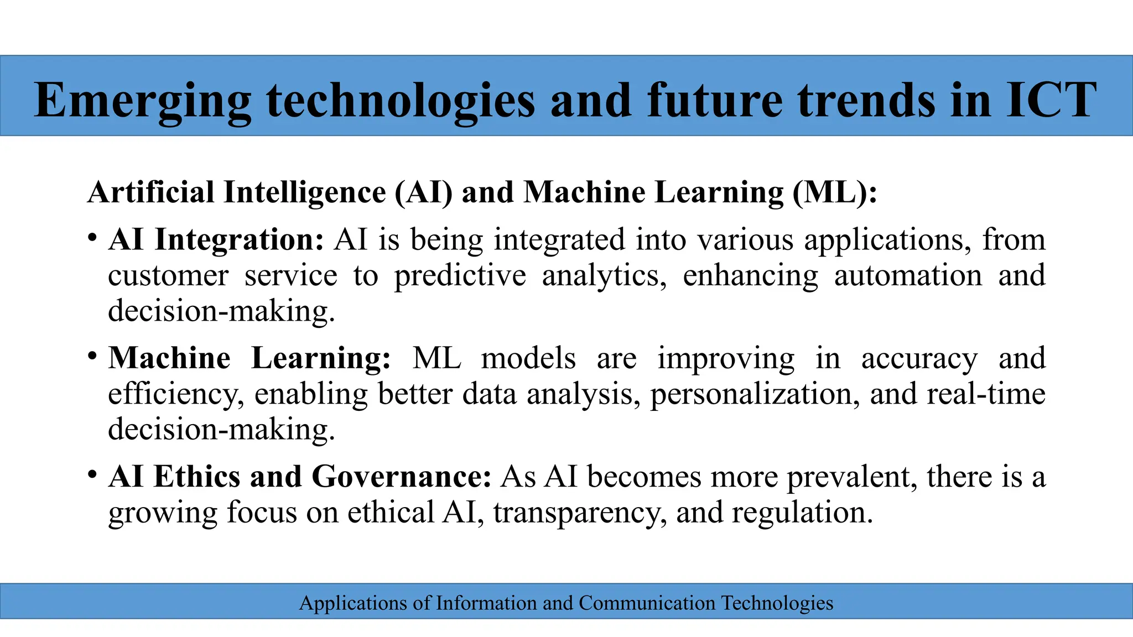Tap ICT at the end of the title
(x=1051, y=101)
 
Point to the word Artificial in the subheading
(x=150, y=192)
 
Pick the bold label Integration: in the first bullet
(x=239, y=240)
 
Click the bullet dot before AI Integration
(x=92, y=239)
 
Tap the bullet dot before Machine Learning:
(x=92, y=357)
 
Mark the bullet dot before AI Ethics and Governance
(x=92, y=476)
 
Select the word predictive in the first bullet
(x=460, y=275)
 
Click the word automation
(x=908, y=275)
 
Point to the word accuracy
(x=919, y=358)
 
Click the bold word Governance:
(x=401, y=477)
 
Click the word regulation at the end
(x=802, y=513)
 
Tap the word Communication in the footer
(x=647, y=603)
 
